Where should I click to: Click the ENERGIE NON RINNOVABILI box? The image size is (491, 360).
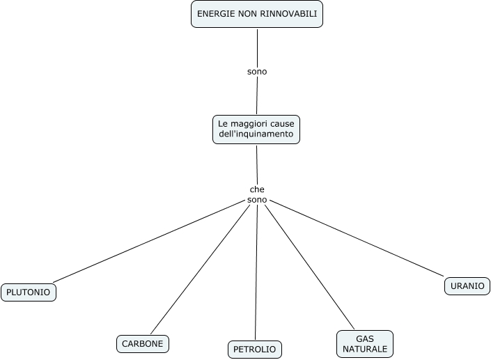(x=257, y=14)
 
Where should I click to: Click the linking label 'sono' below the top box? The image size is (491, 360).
(x=257, y=71)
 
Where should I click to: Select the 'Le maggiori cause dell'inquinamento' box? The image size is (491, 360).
(x=256, y=129)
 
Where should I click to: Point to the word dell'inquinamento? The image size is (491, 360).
(x=256, y=134)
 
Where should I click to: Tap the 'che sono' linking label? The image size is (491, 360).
(x=257, y=195)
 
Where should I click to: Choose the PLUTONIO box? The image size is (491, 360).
(x=29, y=292)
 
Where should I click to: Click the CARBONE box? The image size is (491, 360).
(x=143, y=344)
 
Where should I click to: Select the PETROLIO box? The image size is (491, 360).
(x=255, y=349)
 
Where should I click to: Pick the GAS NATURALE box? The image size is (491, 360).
(x=365, y=343)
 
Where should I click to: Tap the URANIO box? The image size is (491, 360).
(x=467, y=286)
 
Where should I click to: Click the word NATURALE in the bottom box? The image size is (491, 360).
(x=365, y=348)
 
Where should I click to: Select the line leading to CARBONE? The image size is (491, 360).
(x=200, y=269)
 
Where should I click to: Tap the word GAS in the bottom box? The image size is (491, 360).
(x=365, y=338)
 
